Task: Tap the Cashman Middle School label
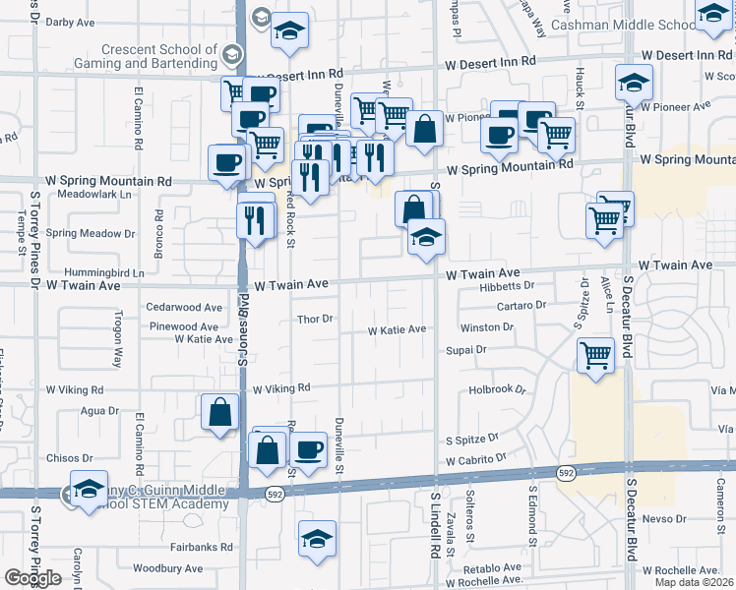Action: [624, 25]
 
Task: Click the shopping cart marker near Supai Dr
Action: [596, 356]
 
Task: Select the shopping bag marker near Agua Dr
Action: [219, 412]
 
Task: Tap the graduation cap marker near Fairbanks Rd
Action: [317, 540]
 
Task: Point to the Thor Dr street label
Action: [316, 319]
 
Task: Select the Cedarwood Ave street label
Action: [184, 308]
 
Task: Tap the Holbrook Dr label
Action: [491, 389]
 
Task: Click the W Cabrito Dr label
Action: [474, 459]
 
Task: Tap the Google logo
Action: [32, 577]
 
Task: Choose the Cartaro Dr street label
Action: [521, 306]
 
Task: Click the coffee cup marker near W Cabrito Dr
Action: [308, 450]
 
